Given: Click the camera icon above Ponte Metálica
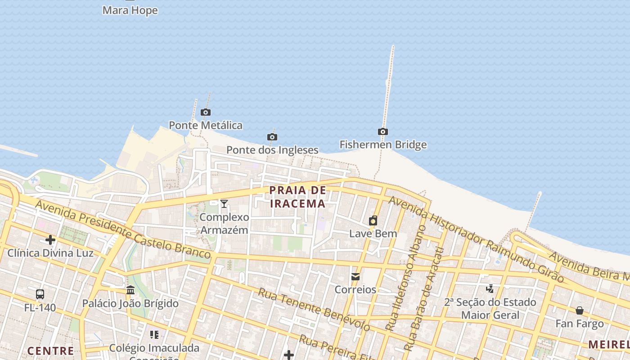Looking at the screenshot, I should click(x=206, y=112).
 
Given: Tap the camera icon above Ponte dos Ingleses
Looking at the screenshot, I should click(x=272, y=137).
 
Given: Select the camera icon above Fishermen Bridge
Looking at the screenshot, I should click(x=383, y=132).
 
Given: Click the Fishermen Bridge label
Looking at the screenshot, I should click(x=383, y=145).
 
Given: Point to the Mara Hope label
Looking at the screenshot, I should click(x=130, y=10).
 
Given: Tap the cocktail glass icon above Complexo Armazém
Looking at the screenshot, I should click(x=224, y=204).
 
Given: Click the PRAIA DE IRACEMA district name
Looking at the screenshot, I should click(x=297, y=197).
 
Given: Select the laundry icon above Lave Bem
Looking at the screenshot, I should click(x=373, y=220).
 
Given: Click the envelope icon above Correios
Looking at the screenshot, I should click(x=355, y=276).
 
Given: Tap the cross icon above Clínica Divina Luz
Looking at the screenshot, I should click(x=50, y=240).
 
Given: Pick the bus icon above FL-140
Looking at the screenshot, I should click(x=40, y=294).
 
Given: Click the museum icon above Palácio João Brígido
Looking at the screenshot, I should click(x=130, y=290).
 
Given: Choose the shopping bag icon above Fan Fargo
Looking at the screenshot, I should click(x=580, y=310).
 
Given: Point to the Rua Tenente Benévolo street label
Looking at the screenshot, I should click(x=314, y=310).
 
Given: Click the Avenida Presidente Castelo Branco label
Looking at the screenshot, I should click(x=123, y=229).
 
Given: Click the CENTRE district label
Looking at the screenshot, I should click(x=50, y=351).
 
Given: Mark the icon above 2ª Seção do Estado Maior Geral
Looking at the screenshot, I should click(x=490, y=288).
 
